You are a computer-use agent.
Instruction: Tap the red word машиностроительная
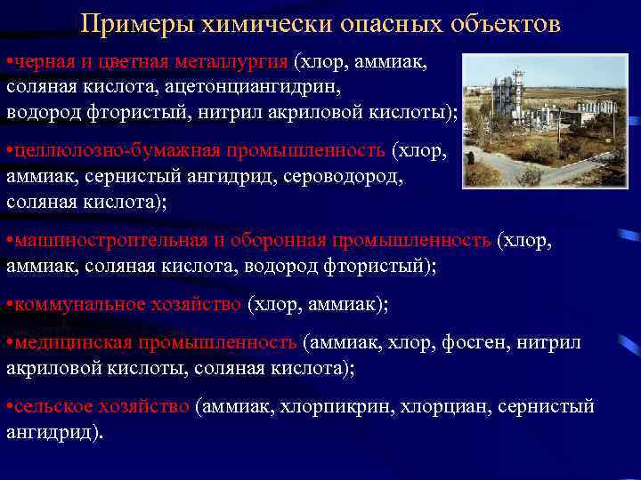tap(107, 240)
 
